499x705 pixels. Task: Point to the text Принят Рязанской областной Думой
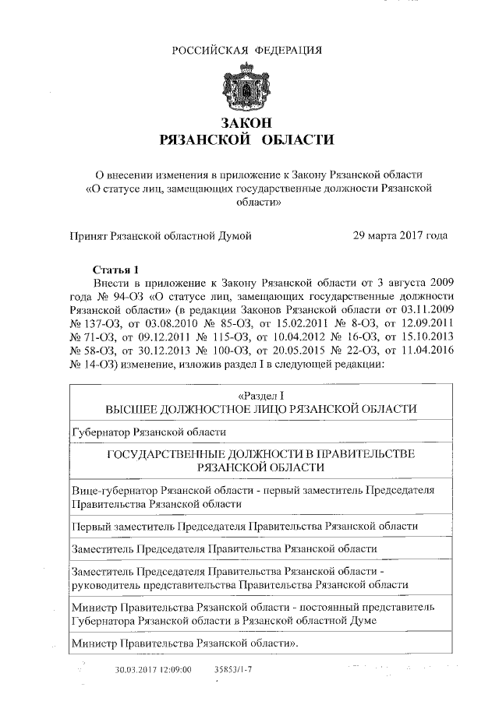click(161, 234)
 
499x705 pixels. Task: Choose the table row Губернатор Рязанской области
click(148, 431)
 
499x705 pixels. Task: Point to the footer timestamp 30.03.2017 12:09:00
click(153, 669)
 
